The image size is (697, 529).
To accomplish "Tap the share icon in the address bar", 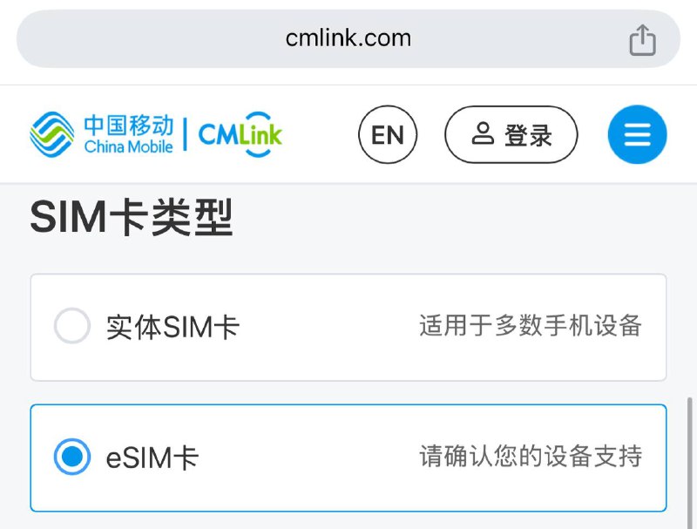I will click(642, 39).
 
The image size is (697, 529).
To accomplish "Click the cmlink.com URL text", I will click(348, 38).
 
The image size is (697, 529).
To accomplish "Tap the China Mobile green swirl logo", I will click(52, 134).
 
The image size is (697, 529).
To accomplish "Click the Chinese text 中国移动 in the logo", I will click(128, 125).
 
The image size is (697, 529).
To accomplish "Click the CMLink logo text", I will click(240, 134).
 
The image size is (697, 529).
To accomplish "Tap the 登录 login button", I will click(511, 134).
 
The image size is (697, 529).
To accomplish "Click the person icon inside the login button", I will click(482, 133).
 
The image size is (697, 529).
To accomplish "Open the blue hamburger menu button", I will click(637, 134).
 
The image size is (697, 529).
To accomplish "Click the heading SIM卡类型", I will click(132, 217).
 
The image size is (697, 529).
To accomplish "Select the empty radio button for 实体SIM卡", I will click(72, 327).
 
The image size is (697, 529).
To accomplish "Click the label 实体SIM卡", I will click(173, 327).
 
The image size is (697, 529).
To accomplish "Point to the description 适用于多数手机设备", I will click(530, 326).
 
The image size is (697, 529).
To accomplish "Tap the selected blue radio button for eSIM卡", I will click(72, 457).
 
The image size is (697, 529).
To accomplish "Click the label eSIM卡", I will click(152, 457).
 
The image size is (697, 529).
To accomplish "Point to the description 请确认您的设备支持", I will click(530, 456).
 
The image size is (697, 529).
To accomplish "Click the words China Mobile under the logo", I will click(128, 146).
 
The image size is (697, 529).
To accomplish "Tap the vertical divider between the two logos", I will click(185, 134).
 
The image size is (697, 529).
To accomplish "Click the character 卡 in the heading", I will click(127, 217).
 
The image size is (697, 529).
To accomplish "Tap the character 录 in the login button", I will click(540, 135).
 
